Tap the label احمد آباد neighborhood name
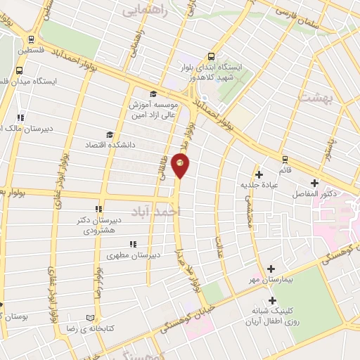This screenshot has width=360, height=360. [156, 210]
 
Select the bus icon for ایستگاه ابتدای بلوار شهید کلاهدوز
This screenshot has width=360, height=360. [212, 57]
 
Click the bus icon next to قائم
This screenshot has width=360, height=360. [285, 159]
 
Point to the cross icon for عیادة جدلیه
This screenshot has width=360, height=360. [259, 174]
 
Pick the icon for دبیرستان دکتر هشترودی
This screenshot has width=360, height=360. [99, 209]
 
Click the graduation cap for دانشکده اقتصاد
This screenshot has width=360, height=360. [108, 134]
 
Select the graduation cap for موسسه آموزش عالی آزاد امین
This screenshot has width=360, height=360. [153, 94]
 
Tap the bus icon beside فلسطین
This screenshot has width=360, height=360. [30, 40]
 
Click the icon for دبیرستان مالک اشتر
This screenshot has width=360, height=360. [20, 117]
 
